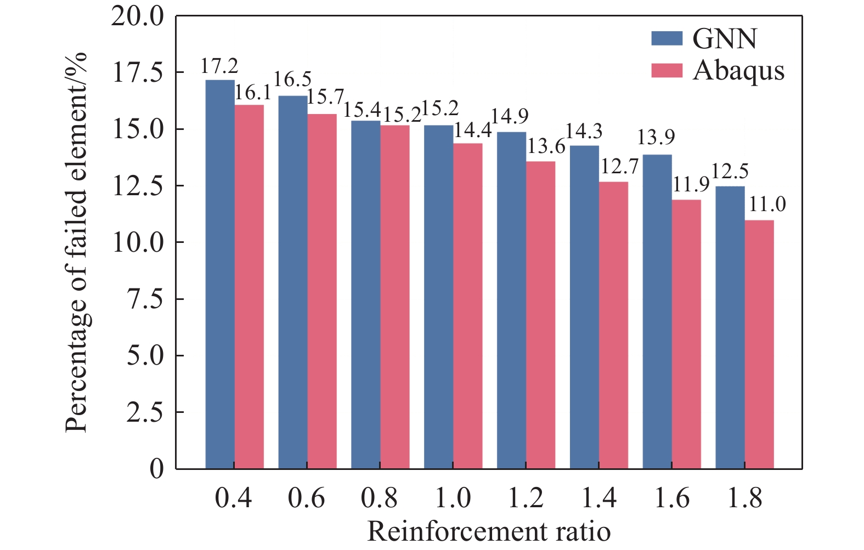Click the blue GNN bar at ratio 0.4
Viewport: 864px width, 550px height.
click(220, 274)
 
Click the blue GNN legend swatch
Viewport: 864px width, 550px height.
click(667, 38)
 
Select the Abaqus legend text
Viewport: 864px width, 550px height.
click(738, 71)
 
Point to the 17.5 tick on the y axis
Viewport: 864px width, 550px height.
click(138, 73)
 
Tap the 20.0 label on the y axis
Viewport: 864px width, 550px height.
click(138, 16)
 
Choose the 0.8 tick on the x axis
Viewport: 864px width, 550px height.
click(379, 498)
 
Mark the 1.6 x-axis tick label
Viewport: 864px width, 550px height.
click(672, 498)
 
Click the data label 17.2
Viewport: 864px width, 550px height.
click(219, 66)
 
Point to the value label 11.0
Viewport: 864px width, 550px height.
click(767, 205)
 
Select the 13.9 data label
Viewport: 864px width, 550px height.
click(656, 137)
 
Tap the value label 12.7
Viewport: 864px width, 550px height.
click(620, 166)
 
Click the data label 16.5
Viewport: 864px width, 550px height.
click(292, 80)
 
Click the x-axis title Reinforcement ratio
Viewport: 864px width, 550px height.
click(489, 531)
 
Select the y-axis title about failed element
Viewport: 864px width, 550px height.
click(77, 241)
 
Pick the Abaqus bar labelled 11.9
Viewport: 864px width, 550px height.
click(686, 334)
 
